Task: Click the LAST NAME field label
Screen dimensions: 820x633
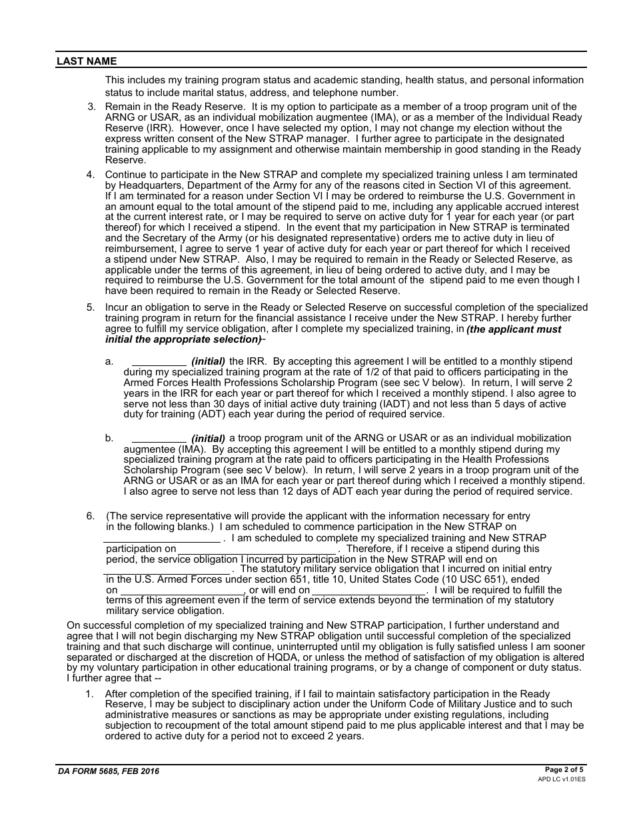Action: pos(87,61)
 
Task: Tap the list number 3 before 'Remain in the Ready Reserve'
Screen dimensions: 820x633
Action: pos(91,107)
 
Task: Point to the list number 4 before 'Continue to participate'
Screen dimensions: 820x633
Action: pos(91,175)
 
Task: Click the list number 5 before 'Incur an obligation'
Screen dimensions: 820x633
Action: pos(91,307)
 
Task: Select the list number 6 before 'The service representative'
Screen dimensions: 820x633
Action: pos(91,516)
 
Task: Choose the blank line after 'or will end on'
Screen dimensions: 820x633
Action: pos(368,591)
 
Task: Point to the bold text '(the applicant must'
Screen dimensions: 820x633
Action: pos(514,329)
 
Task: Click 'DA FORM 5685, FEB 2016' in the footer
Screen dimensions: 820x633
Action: pos(108,771)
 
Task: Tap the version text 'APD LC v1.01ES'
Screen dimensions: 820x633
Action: pos(562,779)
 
